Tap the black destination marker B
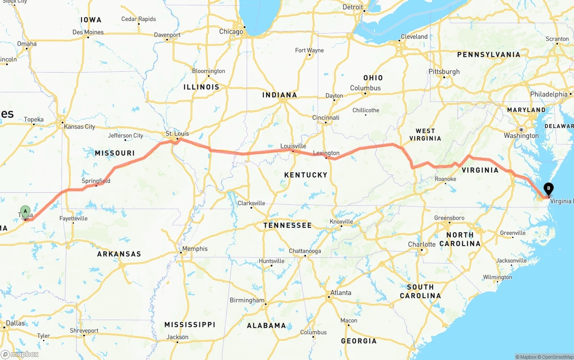(548, 189)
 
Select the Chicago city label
(231, 31)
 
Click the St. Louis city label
(177, 134)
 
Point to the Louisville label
(293, 146)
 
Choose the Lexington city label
(326, 153)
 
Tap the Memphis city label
(195, 249)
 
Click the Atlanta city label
(341, 293)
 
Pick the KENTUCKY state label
(306, 175)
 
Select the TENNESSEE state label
(287, 225)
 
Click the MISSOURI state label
(115, 153)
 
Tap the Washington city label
(521, 135)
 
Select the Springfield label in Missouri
(96, 181)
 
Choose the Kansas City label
(79, 126)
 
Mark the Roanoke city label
(445, 179)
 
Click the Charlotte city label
(422, 244)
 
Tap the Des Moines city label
(88, 32)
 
